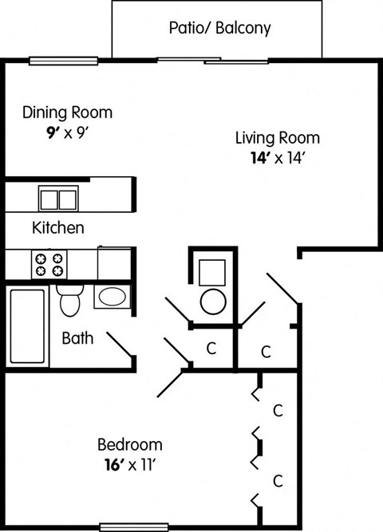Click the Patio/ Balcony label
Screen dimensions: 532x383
[x=219, y=29]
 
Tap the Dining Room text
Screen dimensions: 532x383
[x=67, y=112]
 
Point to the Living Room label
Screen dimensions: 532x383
[x=277, y=137]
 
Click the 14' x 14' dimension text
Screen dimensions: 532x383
[x=277, y=158]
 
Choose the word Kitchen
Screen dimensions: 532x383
[x=57, y=228]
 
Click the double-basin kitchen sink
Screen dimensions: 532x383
[x=58, y=198]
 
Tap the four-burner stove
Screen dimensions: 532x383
[x=51, y=263]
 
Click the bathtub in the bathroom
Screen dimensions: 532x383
[x=28, y=325]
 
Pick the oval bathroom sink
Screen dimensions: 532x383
[x=111, y=298]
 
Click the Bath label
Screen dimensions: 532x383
[x=77, y=338]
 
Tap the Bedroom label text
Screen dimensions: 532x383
[x=129, y=444]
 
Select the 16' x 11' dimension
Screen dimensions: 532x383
[x=129, y=465]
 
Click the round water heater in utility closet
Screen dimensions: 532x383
[x=213, y=301]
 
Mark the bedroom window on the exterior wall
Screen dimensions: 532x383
[x=132, y=527]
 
